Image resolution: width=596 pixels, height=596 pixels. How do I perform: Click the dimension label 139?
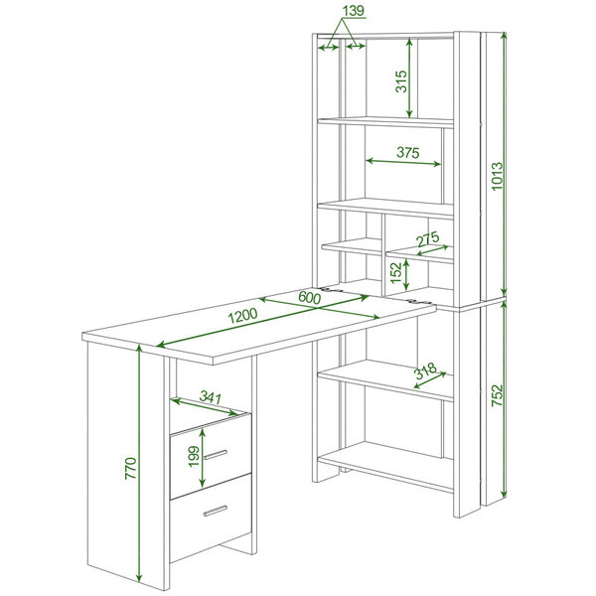pyautogui.click(x=354, y=11)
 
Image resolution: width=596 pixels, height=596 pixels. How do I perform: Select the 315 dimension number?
pyautogui.click(x=401, y=81)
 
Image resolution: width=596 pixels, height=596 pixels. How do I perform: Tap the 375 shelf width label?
pyautogui.click(x=408, y=152)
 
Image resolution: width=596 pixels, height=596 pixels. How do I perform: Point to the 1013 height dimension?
pyautogui.click(x=497, y=177)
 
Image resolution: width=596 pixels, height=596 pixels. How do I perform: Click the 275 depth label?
pyautogui.click(x=427, y=239)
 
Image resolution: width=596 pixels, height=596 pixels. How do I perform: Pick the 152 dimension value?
pyautogui.click(x=395, y=272)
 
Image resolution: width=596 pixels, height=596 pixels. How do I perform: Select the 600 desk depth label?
pyautogui.click(x=309, y=297)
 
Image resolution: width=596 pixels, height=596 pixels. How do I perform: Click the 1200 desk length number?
pyautogui.click(x=242, y=316)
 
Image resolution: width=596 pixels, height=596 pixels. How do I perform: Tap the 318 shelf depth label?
pyautogui.click(x=425, y=371)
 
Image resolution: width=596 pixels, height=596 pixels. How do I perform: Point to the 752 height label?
pyautogui.click(x=497, y=395)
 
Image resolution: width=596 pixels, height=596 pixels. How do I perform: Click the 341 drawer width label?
pyautogui.click(x=211, y=397)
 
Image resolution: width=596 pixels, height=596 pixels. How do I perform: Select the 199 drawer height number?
pyautogui.click(x=194, y=456)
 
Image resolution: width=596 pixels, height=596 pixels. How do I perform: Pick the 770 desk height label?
pyautogui.click(x=130, y=468)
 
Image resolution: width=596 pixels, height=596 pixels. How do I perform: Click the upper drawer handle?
pyautogui.click(x=216, y=455)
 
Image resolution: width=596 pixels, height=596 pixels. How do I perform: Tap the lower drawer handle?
pyautogui.click(x=216, y=511)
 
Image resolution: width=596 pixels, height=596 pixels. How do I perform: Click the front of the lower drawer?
pyautogui.click(x=211, y=518)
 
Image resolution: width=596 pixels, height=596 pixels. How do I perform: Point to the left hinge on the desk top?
pyautogui.click(x=332, y=290)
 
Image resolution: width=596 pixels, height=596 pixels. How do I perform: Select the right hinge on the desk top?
pyautogui.click(x=419, y=302)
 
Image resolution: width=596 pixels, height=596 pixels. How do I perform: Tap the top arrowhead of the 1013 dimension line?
pyautogui.click(x=504, y=37)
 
